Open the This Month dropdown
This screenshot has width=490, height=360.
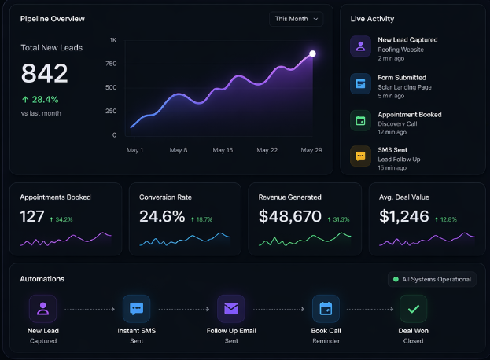coord(296,19)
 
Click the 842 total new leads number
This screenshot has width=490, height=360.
coord(44,73)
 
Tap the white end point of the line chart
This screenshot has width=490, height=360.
coord(312,53)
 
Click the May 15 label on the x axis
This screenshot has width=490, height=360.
coord(223,149)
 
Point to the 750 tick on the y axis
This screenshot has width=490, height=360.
coord(111,64)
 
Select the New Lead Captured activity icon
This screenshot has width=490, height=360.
coord(360,45)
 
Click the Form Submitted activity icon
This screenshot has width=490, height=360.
coord(360,83)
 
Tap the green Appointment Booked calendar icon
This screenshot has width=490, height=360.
coord(360,119)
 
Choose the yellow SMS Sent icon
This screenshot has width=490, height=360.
coord(360,156)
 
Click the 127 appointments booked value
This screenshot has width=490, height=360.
coord(32,216)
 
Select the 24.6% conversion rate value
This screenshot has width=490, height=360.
coord(162,216)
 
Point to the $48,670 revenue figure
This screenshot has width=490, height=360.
coord(290,216)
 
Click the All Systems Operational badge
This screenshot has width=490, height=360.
coord(432,279)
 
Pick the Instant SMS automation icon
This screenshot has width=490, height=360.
coord(137,309)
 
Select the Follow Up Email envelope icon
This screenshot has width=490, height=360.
coord(231,309)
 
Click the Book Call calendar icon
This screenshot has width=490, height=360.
coord(326,309)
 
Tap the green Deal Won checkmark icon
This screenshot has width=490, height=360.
coord(413,309)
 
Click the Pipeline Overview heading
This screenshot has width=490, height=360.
coord(52,18)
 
